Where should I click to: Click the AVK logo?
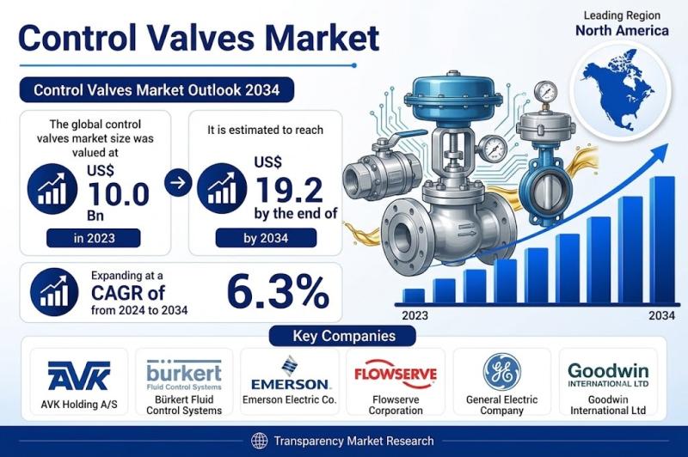78,375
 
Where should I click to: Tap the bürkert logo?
184,375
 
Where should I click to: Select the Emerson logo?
290,373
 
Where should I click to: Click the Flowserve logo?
396,374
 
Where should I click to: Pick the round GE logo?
502,372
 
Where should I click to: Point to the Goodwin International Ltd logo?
608,375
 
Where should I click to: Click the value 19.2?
289,189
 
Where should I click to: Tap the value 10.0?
119,193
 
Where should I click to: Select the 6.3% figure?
278,292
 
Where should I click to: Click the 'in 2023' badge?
94,238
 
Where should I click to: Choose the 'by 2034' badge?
266,238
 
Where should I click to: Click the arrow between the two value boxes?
178,182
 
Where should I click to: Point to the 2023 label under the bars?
415,315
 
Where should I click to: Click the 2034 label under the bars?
661,315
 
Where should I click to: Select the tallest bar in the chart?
662,240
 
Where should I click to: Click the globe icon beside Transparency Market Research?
260,441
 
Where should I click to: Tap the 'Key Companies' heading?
344,336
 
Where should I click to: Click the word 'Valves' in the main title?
200,38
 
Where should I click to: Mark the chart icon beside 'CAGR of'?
54,292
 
